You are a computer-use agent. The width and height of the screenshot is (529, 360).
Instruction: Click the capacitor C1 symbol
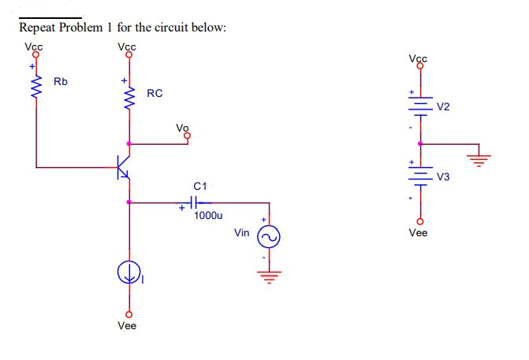(x=192, y=202)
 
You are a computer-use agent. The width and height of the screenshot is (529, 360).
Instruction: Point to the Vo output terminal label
(x=183, y=128)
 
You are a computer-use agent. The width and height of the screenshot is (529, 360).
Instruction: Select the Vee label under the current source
(x=126, y=325)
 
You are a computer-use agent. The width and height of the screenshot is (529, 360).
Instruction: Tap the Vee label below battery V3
(x=418, y=233)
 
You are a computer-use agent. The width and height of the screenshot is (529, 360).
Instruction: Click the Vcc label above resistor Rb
(x=34, y=46)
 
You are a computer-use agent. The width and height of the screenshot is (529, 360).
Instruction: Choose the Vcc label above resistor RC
(x=126, y=46)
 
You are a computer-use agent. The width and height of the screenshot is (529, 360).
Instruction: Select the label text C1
(x=200, y=186)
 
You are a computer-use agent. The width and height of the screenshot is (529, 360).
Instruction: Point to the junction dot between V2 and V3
(x=419, y=143)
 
